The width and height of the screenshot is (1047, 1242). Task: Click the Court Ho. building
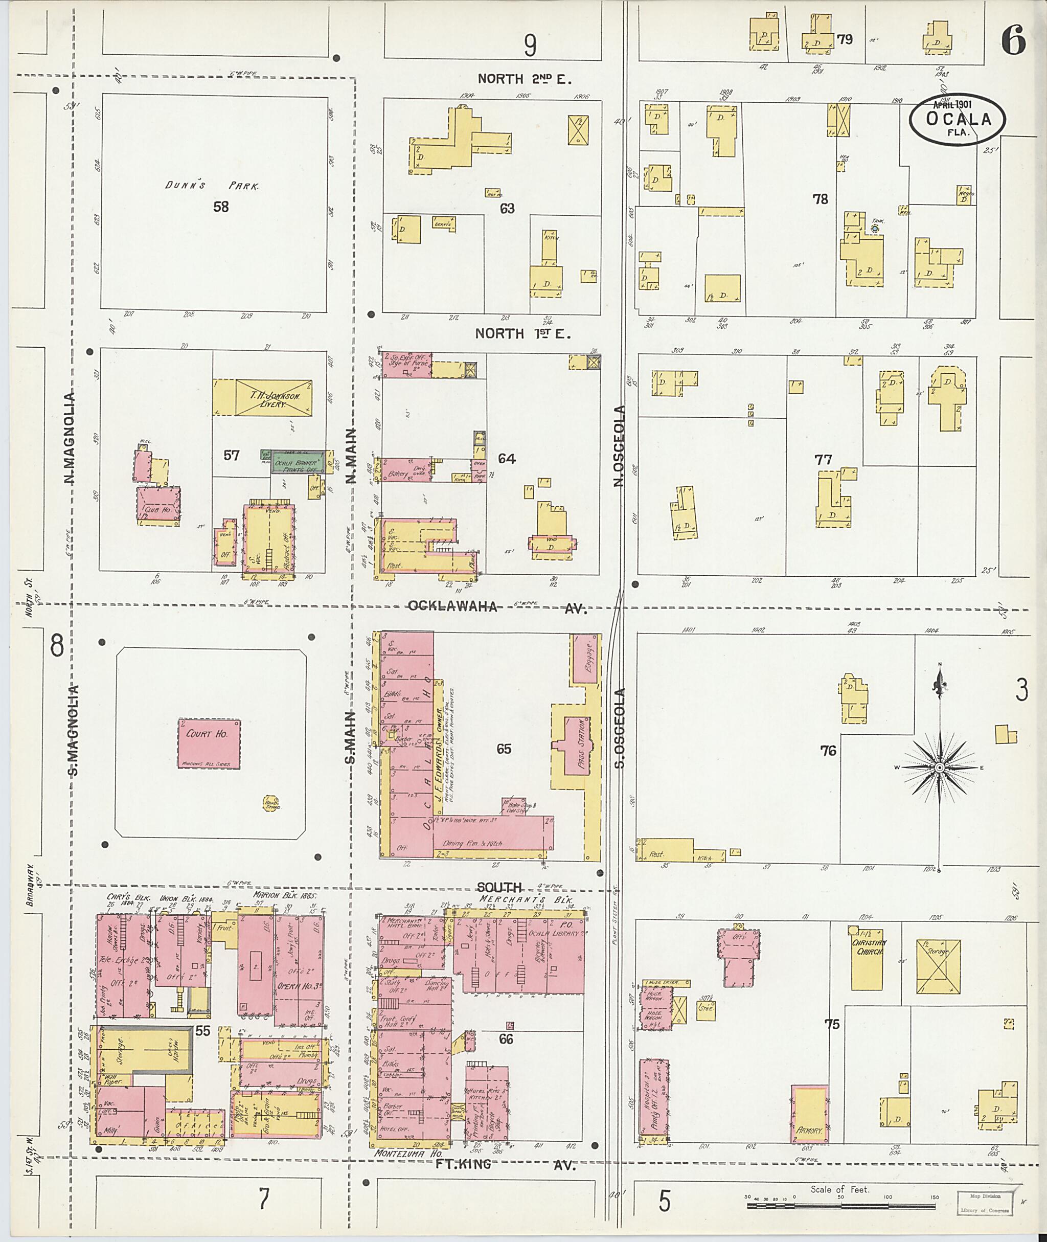click(209, 743)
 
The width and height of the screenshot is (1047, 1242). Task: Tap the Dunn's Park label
click(212, 186)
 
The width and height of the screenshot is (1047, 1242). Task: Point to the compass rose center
click(939, 767)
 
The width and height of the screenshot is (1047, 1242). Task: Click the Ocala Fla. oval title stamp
click(958, 119)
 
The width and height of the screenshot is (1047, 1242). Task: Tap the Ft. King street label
click(463, 1164)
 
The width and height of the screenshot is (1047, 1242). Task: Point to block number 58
click(221, 207)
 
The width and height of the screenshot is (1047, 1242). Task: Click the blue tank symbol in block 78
click(874, 228)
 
